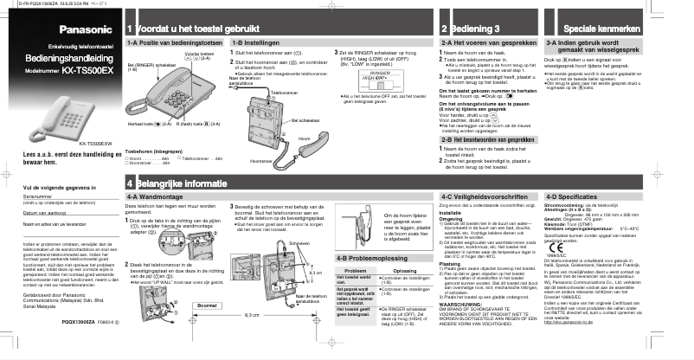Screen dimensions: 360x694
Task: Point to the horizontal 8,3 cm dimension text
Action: [252, 339]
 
